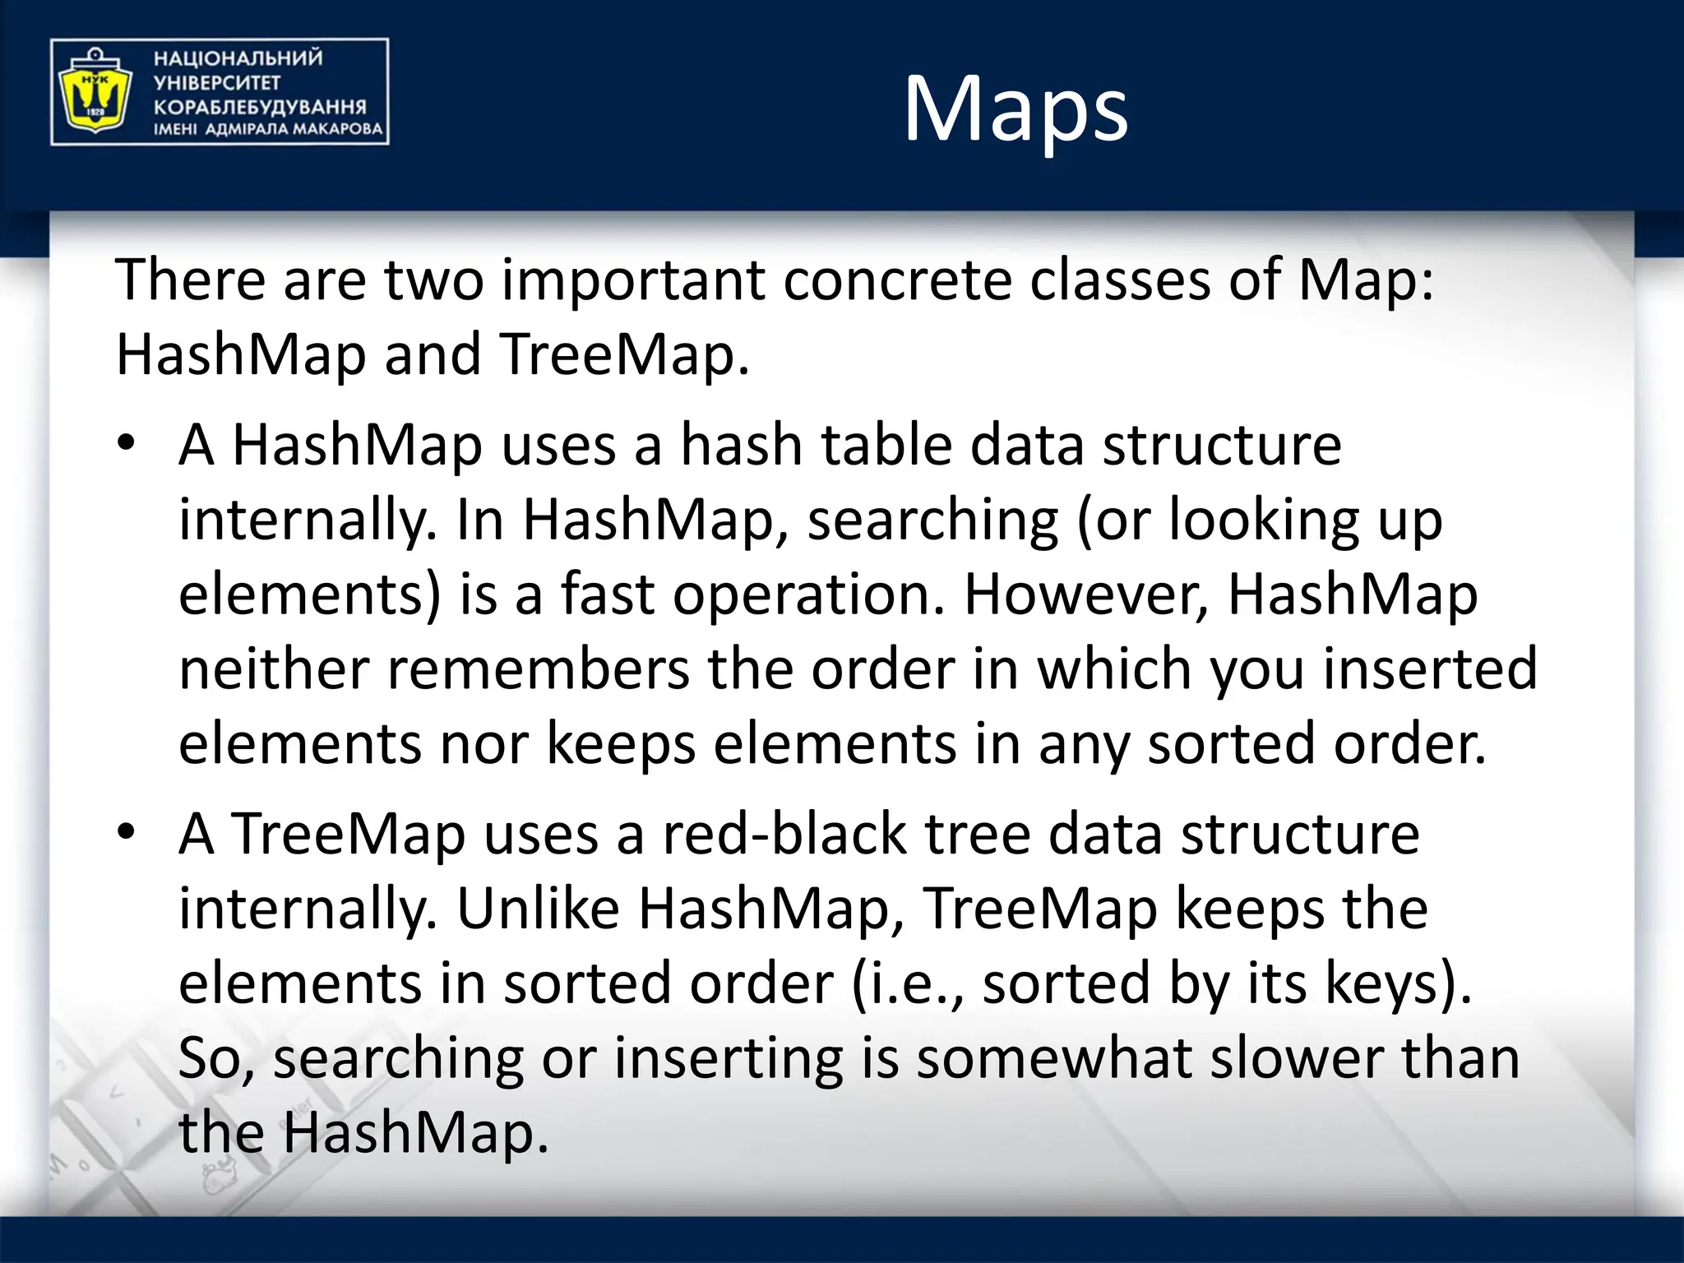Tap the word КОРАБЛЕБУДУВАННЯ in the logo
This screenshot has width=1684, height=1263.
click(259, 107)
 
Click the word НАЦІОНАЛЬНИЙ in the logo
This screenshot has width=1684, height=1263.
click(238, 58)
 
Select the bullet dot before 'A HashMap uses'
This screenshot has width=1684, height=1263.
click(125, 445)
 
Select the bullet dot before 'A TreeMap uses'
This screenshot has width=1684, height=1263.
click(125, 833)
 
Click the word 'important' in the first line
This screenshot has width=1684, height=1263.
click(633, 280)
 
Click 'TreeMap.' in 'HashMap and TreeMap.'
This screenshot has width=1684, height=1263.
click(624, 355)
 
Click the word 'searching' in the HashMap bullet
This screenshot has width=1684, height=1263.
click(932, 520)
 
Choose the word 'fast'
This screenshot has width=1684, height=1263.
click(607, 594)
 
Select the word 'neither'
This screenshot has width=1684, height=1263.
click(274, 669)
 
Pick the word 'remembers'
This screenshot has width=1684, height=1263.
click(538, 669)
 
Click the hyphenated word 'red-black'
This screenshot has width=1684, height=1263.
click(784, 834)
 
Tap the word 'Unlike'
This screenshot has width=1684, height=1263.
click(538, 909)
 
